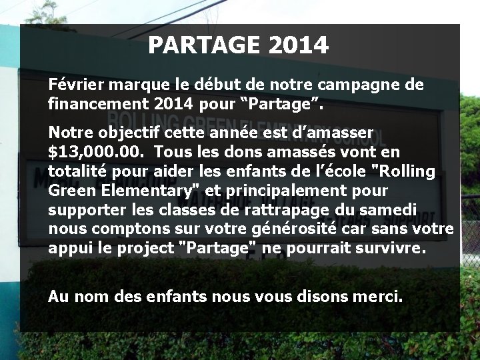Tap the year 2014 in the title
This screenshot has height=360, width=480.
coord(298,45)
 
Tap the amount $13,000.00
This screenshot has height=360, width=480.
coord(97,152)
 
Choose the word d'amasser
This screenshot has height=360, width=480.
coord(335,133)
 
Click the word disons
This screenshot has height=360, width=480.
coord(317,296)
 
